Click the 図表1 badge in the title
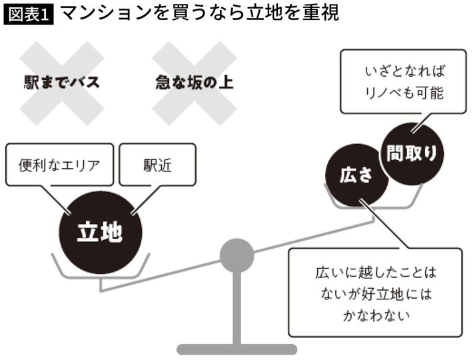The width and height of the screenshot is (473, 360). pos(29,14)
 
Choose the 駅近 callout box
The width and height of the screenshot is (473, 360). pos(157,164)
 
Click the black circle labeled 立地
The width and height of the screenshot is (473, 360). pos(100,232)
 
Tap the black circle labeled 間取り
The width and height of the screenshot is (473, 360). pos(412,153)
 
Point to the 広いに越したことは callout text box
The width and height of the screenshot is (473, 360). pos(374,292)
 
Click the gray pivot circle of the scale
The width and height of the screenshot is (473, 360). pos(236,255)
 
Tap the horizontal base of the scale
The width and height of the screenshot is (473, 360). pos(236,349)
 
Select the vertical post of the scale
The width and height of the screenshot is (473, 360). pos(236,307)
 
